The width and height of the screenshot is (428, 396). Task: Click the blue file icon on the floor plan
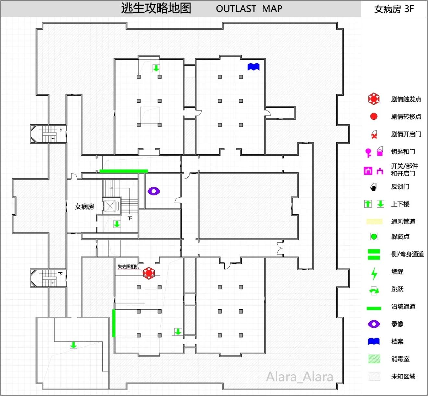point(253,67)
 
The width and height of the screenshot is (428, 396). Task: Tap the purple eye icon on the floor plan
point(154,191)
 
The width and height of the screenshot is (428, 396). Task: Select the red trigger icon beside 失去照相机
point(149,273)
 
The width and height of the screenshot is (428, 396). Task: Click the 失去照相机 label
point(128,267)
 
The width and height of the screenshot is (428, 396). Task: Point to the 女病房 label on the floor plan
point(84,206)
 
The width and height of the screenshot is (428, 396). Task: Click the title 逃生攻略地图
point(156,8)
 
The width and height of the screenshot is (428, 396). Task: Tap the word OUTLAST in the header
point(236,9)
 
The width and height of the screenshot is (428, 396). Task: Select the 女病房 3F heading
point(394,9)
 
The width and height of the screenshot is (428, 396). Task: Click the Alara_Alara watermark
point(300,377)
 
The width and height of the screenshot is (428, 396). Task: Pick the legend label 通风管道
point(403,222)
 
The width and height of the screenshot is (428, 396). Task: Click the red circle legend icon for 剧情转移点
point(374,116)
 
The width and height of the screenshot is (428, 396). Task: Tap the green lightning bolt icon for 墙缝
point(374,273)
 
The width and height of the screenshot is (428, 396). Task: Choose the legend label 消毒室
point(400,359)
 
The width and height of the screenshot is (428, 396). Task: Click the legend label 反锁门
point(400,186)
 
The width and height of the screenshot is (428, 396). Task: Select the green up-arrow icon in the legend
point(368,204)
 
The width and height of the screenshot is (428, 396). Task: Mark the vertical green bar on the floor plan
point(114,323)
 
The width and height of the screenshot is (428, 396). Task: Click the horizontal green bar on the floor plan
point(124,171)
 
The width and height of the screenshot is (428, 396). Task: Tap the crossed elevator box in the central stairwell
point(110,206)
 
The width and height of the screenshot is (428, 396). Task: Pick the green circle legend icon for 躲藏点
point(374,237)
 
